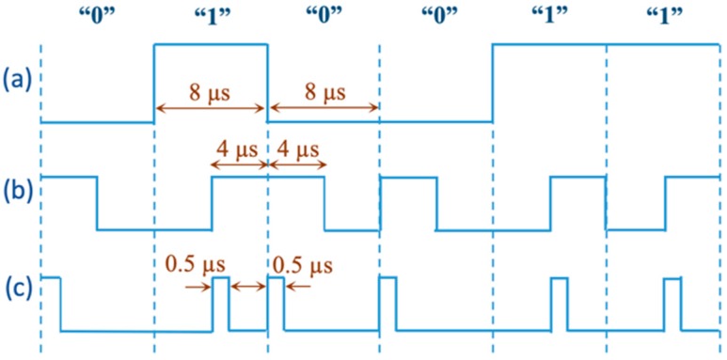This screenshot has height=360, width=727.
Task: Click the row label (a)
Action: pyautogui.click(x=17, y=81)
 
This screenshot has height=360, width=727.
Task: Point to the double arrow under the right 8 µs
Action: pyautogui.click(x=324, y=110)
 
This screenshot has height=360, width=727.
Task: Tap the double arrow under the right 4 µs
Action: pyautogui.click(x=296, y=164)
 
